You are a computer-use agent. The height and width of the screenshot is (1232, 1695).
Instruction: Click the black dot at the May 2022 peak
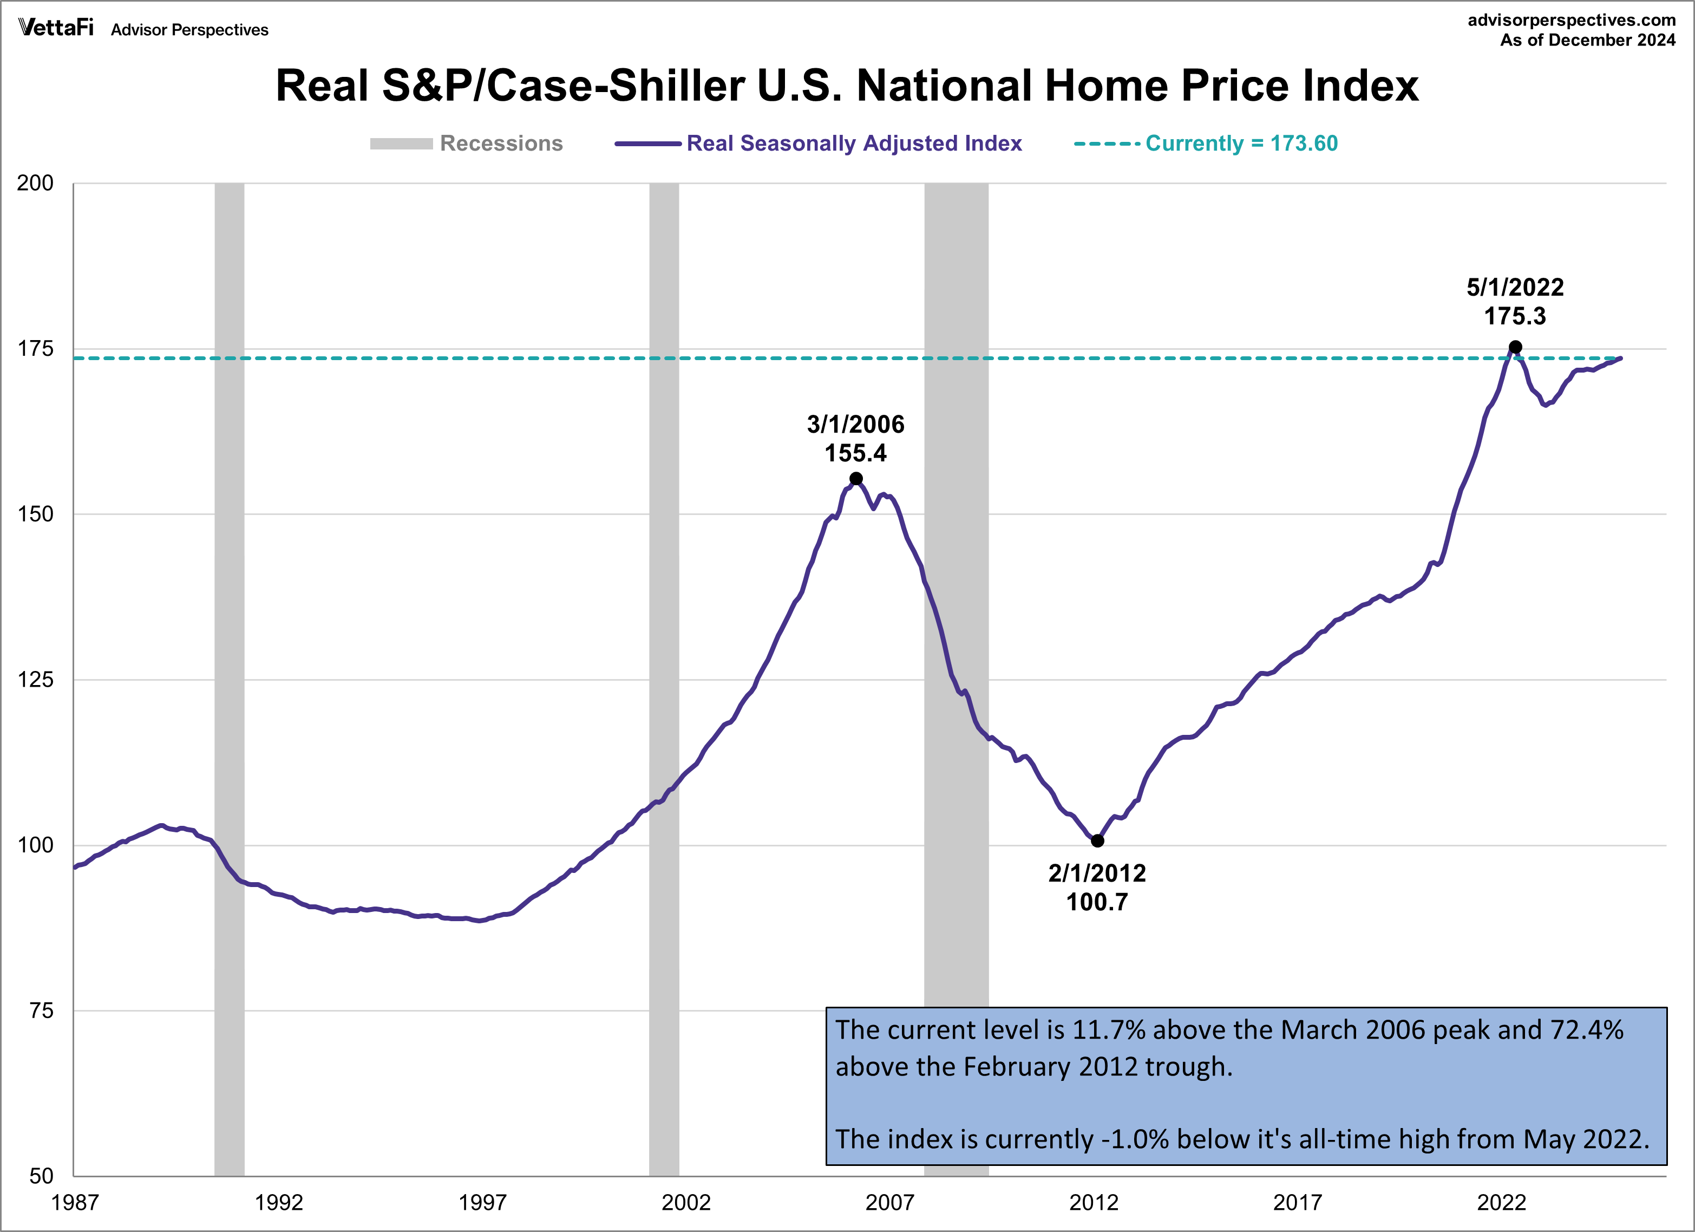pos(1515,347)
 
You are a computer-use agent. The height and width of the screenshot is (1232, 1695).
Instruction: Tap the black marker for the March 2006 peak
pos(856,478)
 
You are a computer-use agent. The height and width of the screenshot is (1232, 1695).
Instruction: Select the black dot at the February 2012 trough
pos(1097,841)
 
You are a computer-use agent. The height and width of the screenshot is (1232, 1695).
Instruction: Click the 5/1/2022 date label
pos(1515,287)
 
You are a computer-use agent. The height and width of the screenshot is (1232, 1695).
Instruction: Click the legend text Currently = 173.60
pos(1241,144)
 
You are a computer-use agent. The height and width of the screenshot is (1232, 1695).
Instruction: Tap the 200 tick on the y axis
pos(35,183)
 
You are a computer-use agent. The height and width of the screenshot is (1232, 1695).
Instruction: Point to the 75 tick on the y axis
pos(41,1011)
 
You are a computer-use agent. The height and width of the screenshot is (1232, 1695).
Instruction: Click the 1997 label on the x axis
pos(482,1203)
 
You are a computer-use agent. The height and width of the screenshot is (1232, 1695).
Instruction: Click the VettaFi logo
pos(56,28)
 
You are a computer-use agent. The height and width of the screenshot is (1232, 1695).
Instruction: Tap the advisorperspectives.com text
pos(1571,20)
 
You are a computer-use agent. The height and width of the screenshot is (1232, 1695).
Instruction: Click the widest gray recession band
pos(956,598)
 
